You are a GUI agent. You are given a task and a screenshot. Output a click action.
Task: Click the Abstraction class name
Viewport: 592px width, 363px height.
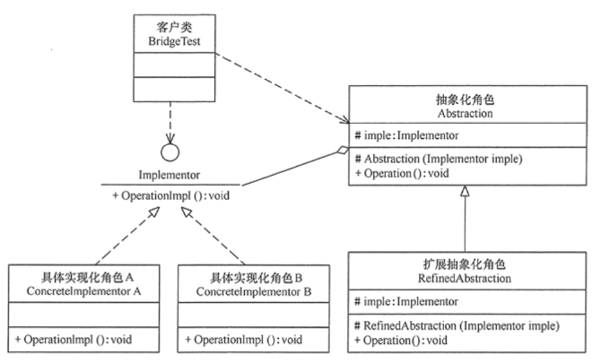point(464,113)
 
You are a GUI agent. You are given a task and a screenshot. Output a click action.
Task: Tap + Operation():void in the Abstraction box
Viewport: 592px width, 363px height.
point(404,172)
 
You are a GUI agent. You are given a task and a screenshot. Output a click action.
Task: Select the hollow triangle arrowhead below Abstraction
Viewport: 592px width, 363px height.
point(464,191)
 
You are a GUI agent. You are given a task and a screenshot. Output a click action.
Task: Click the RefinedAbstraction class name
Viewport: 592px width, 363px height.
point(464,280)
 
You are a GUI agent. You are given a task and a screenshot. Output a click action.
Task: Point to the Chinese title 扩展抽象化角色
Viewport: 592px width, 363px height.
point(464,264)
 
